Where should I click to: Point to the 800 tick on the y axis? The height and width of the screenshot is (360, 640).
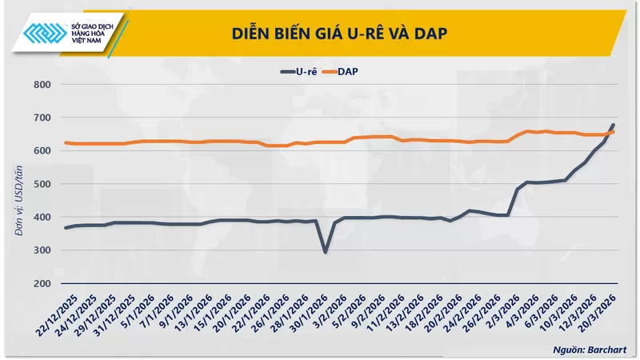41,84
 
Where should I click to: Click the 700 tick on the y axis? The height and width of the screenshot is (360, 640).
41,118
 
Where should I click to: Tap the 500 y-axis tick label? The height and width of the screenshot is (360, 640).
41,184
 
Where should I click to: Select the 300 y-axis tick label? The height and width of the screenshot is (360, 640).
41,250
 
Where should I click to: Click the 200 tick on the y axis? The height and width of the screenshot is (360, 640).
41,284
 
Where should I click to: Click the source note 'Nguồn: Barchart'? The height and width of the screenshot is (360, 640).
590,350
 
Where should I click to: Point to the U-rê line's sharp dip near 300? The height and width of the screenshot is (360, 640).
325,252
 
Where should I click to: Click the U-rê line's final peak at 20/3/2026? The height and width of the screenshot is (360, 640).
613,126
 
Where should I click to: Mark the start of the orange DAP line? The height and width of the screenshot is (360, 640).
66,142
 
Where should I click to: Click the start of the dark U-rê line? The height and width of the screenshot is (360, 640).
66,228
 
